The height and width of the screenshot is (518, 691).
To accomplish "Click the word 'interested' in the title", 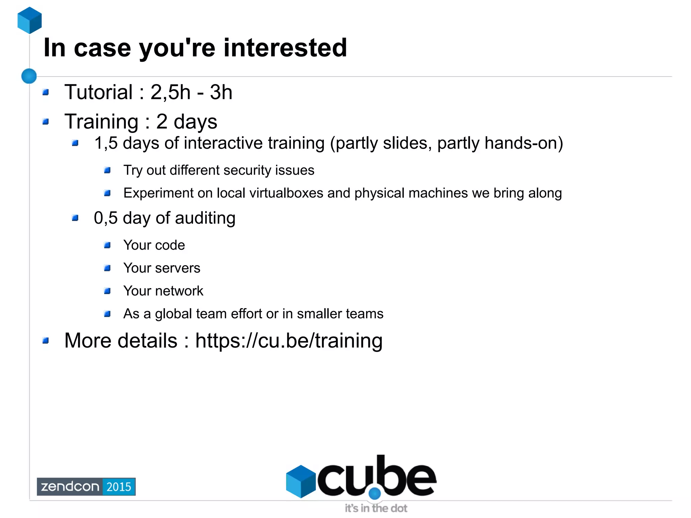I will pos(285,48).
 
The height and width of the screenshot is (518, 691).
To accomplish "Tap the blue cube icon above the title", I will pos(30,20).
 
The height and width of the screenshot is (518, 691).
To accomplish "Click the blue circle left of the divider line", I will pos(29,76).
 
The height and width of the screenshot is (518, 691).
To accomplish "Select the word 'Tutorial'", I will pos(99,92).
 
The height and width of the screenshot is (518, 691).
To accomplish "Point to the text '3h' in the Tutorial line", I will pos(221,92).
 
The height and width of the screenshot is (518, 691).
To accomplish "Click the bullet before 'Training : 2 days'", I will pos(46,121).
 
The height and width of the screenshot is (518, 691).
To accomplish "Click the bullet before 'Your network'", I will pos(107,291).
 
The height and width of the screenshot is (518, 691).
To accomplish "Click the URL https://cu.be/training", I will pos(289,340).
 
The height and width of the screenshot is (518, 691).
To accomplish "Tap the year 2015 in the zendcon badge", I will pos(119,487).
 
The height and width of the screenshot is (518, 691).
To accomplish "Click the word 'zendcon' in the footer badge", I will pos(70,487).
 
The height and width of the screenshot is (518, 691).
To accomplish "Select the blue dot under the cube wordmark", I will pos(375,493).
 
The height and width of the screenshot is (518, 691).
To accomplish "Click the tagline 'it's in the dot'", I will pos(376,508).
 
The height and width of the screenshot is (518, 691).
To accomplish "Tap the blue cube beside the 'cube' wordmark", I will pos(301,481).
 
